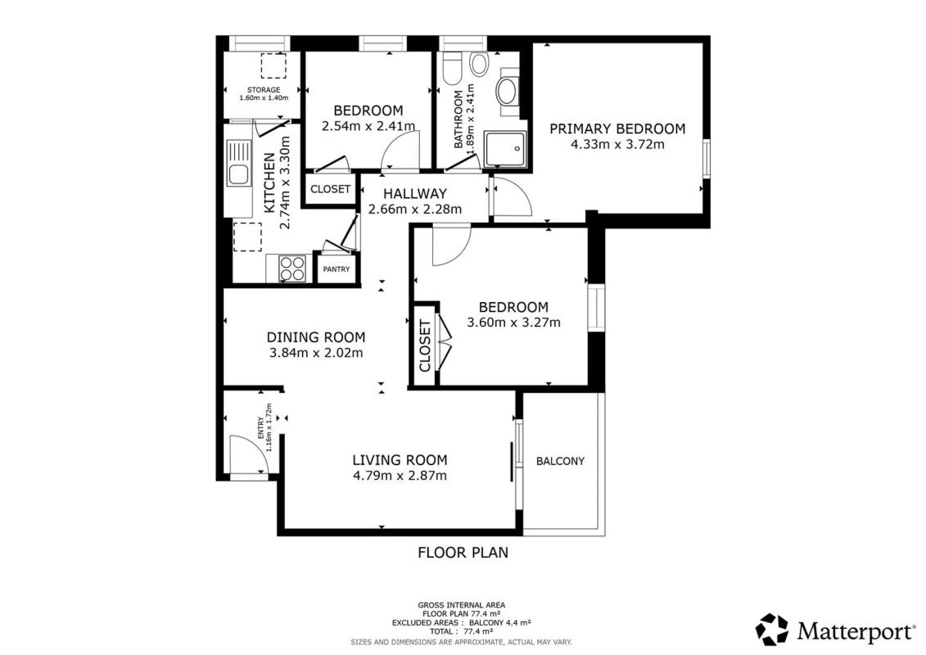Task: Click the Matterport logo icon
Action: click(x=772, y=630)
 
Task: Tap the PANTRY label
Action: click(x=337, y=269)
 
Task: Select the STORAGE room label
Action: click(x=264, y=90)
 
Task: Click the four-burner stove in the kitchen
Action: click(x=292, y=269)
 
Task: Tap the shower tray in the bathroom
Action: click(x=504, y=150)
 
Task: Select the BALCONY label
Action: click(x=561, y=461)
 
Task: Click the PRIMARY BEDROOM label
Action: click(x=617, y=129)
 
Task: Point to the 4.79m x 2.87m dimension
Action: click(x=400, y=476)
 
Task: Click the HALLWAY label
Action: click(x=415, y=194)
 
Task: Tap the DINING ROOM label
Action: click(x=316, y=337)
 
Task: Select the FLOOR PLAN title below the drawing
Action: click(x=463, y=553)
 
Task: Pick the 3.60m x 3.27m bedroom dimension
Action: click(x=514, y=323)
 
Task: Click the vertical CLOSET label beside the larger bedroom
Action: click(x=425, y=346)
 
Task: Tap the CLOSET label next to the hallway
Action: click(x=330, y=189)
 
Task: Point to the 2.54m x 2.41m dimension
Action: click(x=368, y=126)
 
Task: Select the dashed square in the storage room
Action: click(x=273, y=66)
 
